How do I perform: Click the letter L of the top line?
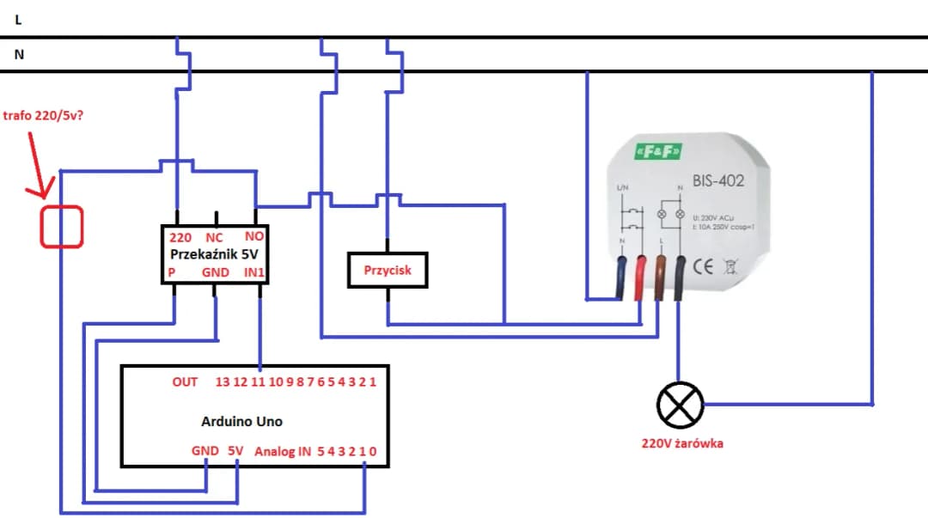tap(18, 20)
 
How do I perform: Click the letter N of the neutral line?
tap(19, 54)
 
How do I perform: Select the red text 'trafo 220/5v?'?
tap(44, 115)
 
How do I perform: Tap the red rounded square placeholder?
tap(62, 227)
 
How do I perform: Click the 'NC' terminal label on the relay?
tap(214, 237)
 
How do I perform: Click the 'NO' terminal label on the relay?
tap(254, 236)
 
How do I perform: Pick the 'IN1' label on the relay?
tap(254, 272)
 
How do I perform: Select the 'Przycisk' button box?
tap(387, 271)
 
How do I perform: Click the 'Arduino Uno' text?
tap(241, 421)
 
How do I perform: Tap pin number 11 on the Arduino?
tap(258, 381)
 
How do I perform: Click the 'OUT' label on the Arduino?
tap(185, 381)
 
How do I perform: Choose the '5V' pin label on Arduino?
tap(235, 450)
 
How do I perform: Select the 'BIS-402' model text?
tap(717, 181)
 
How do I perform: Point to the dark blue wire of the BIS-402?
tap(620, 278)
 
